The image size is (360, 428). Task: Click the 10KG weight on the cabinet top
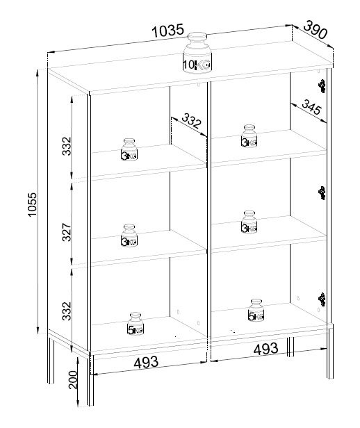click(x=197, y=53)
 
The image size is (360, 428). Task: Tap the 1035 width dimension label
click(x=168, y=30)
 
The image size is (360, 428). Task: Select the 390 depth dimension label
click(x=316, y=29)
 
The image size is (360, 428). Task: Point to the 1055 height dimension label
click(x=32, y=205)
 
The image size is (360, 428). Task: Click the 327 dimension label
click(x=67, y=232)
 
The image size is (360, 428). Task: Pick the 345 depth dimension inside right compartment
click(x=312, y=107)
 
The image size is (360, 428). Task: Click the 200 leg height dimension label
click(x=73, y=379)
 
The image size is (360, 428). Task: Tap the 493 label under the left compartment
click(x=146, y=362)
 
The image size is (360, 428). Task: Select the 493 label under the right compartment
click(x=266, y=349)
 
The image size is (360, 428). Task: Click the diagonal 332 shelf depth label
click(x=191, y=121)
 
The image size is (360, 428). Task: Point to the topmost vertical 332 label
click(x=67, y=147)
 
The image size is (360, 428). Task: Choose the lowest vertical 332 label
click(x=67, y=311)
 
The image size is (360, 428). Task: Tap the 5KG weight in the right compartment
click(x=256, y=311)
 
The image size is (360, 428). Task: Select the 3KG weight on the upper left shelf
click(x=129, y=149)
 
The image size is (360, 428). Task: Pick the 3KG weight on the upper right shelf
click(x=249, y=136)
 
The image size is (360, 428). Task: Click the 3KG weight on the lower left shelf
click(x=129, y=236)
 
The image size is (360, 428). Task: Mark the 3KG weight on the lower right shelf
click(x=249, y=222)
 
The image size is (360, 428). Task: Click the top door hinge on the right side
click(x=322, y=86)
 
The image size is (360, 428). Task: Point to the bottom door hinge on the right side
click(x=322, y=299)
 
